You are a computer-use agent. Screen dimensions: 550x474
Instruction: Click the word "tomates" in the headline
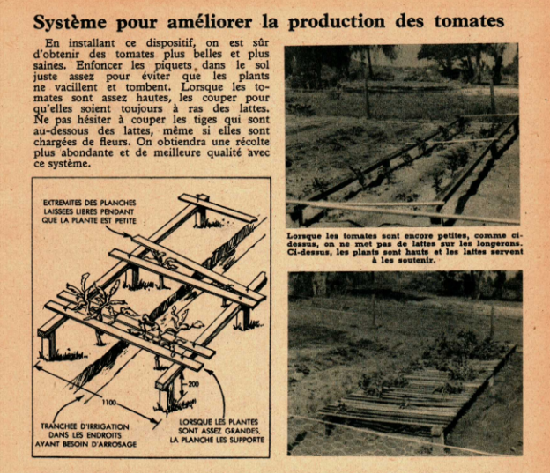point(469,21)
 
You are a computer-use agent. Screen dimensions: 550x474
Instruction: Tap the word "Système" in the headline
point(70,23)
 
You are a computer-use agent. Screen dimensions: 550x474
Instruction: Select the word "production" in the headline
point(337,23)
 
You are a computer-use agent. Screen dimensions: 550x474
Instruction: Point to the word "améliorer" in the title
point(210,22)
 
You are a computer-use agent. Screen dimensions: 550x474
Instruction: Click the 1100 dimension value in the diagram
point(108,403)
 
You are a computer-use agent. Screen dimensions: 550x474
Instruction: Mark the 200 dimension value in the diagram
point(193,384)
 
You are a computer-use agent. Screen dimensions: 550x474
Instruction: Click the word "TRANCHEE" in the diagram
point(57,426)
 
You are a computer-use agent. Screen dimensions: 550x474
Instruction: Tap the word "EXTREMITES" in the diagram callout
point(62,203)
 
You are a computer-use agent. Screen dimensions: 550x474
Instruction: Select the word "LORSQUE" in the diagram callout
point(194,422)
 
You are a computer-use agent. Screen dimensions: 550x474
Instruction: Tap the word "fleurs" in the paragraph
point(116,142)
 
